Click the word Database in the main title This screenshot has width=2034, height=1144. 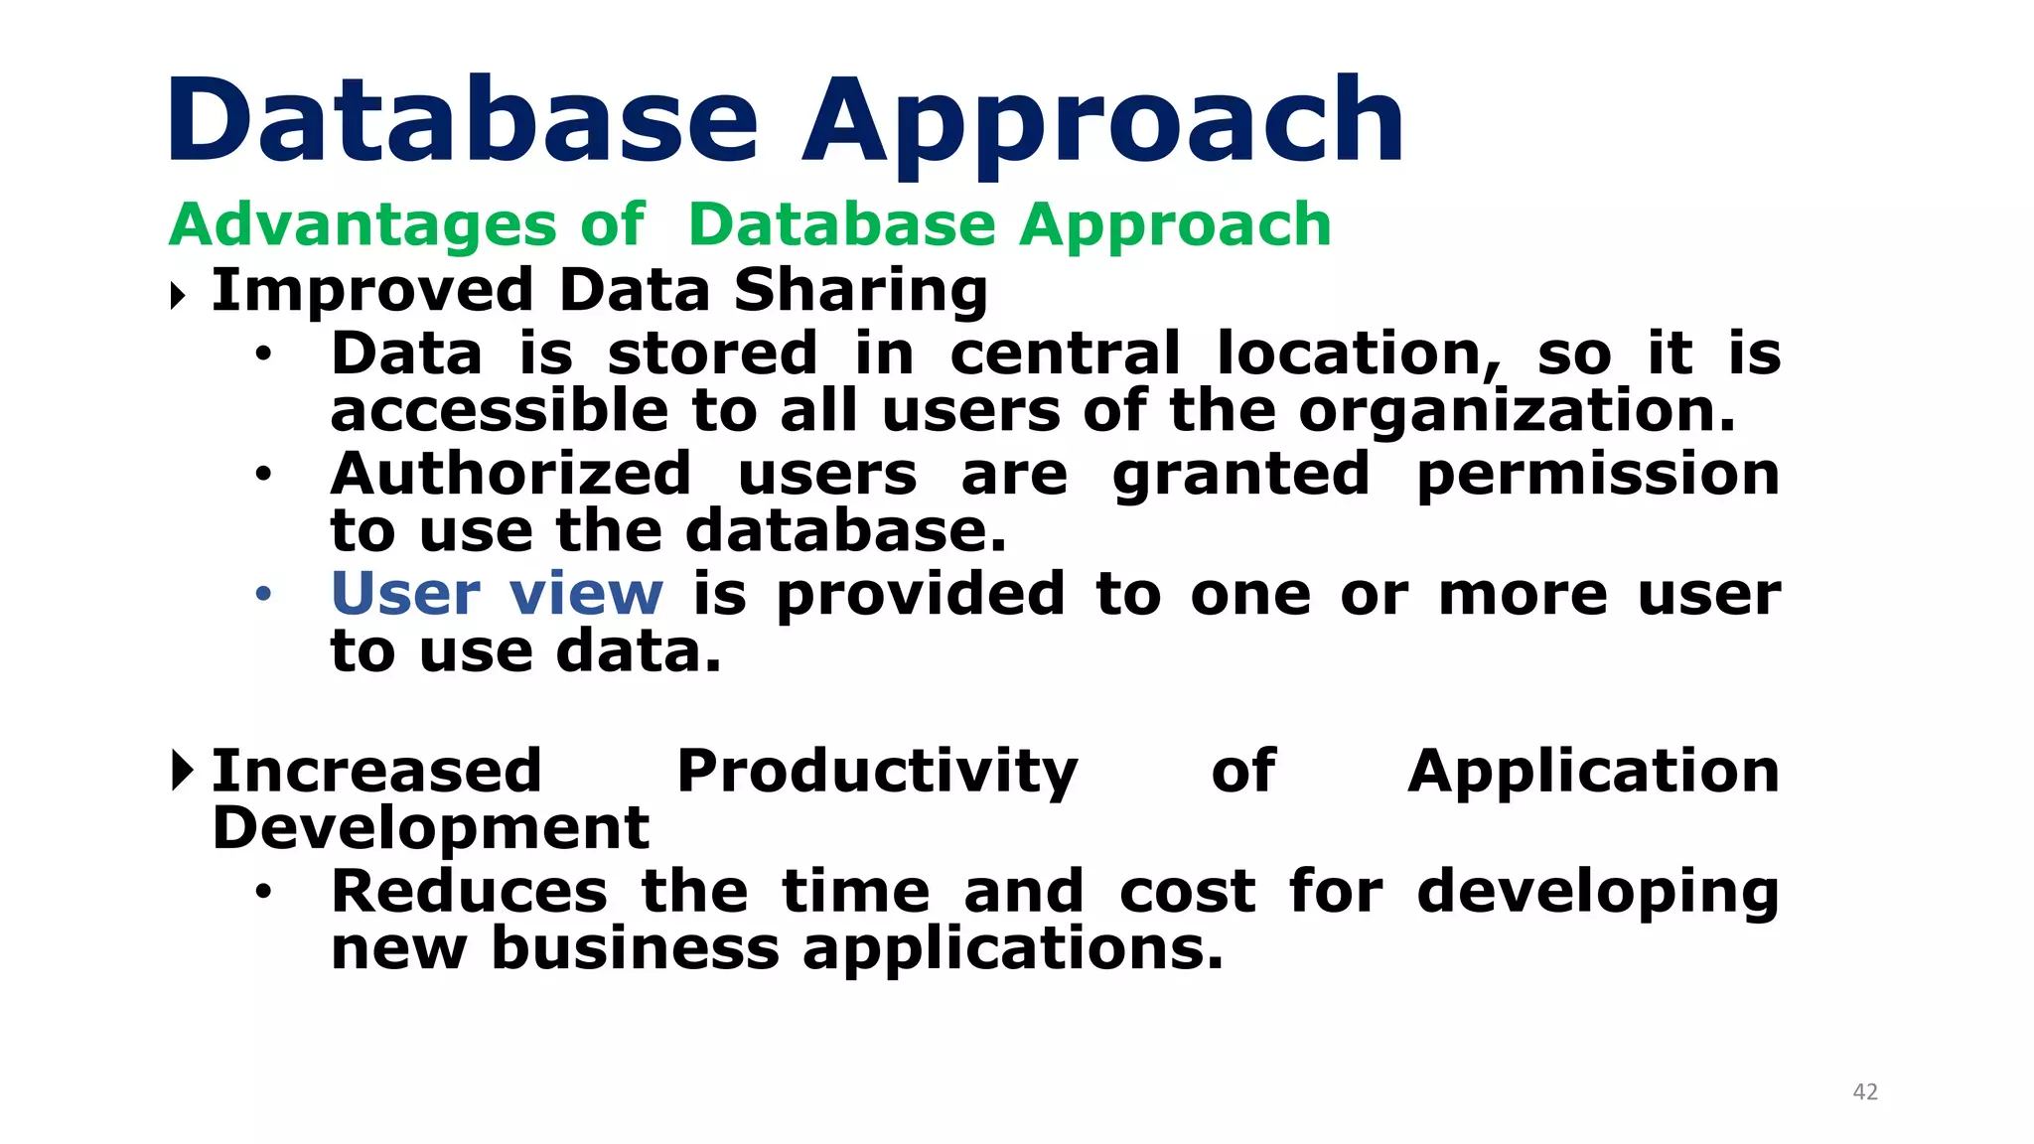(463, 121)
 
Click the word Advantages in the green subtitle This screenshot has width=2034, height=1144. (363, 224)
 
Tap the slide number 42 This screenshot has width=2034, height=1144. (1865, 1092)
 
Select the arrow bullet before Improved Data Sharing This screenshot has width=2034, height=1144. (179, 295)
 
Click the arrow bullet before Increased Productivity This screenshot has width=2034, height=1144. (181, 771)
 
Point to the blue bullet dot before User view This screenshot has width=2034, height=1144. (263, 595)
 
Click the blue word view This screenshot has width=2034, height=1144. (586, 594)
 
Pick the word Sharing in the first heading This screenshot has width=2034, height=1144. (860, 291)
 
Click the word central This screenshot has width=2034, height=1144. (1066, 354)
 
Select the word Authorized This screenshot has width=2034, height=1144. (510, 474)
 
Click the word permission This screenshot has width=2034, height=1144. (1597, 474)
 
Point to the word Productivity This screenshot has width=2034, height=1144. (877, 772)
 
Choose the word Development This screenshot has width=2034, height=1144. (431, 829)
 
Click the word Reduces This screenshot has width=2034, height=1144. (469, 891)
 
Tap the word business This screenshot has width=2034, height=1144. (636, 948)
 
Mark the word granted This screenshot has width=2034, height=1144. (1240, 475)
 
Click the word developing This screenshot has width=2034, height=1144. (1597, 892)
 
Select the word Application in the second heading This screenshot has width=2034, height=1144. (1593, 772)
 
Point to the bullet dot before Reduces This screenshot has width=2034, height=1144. (262, 892)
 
